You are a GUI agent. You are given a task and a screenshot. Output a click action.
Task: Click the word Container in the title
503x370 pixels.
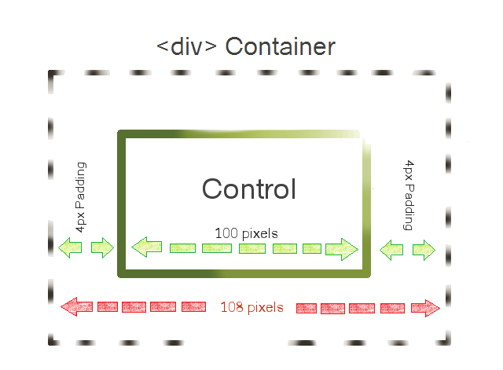280,47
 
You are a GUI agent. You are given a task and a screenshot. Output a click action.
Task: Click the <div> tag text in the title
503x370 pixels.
186,47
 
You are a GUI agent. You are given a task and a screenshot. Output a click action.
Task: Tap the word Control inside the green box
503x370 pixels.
249,189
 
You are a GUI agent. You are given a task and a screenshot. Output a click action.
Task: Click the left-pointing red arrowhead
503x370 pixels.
77,307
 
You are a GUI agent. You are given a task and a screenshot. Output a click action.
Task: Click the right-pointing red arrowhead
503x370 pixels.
425,308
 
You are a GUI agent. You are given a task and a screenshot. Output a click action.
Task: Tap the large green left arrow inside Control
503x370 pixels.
147,247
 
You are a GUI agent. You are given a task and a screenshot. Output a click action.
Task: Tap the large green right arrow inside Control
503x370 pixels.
342,249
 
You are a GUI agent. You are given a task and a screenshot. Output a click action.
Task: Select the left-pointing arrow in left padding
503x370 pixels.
70,247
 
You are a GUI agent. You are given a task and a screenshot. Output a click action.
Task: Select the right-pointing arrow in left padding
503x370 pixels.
102,247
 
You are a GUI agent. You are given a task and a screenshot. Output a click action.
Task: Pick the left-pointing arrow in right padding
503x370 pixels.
391,250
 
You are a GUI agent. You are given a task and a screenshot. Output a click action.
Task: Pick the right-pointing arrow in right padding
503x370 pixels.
424,250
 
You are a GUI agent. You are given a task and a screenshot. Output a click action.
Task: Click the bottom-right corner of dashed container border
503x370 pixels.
448,343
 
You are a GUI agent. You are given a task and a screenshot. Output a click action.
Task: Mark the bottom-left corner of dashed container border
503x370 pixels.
50,343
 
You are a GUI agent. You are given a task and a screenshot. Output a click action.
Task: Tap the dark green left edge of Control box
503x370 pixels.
122,204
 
